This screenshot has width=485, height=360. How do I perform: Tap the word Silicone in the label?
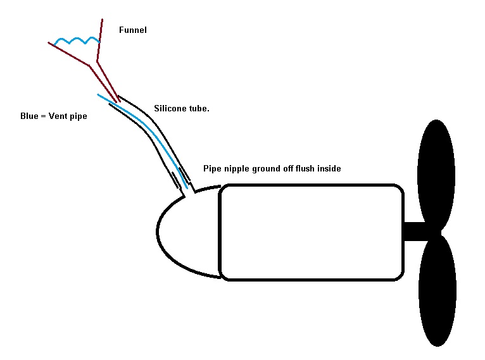click(x=170, y=108)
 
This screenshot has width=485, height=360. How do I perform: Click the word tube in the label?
click(x=199, y=108)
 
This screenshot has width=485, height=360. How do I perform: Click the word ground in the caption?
click(x=265, y=170)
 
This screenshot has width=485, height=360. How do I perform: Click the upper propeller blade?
click(x=437, y=171)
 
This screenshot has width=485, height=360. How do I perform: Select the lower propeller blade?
click(x=437, y=291)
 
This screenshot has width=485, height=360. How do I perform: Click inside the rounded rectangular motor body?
click(x=310, y=232)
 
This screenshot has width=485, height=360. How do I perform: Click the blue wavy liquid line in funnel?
click(x=77, y=41)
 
